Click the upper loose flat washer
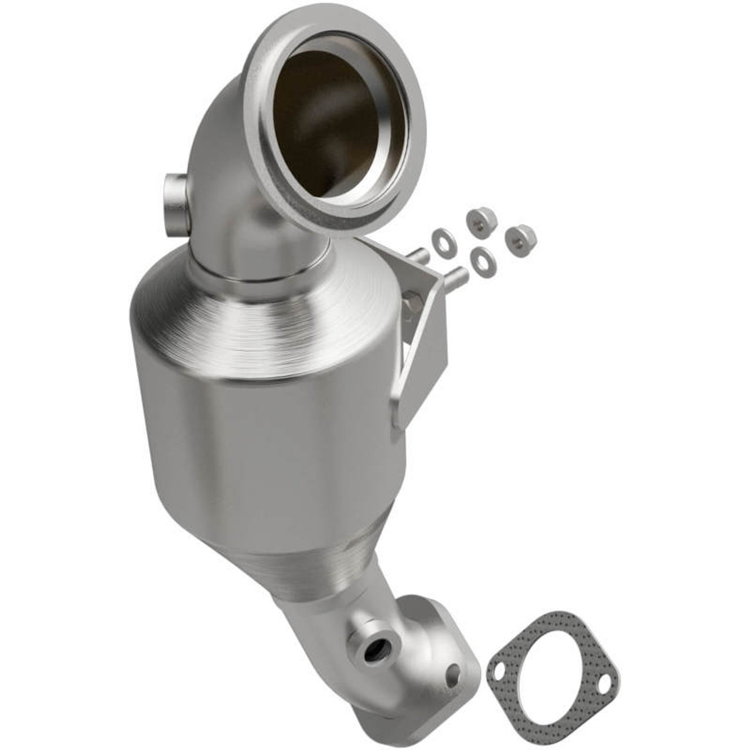tap(438, 238)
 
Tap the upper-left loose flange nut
tap(481, 220)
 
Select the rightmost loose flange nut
tap(520, 236)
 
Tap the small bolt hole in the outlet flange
tap(452, 674)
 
